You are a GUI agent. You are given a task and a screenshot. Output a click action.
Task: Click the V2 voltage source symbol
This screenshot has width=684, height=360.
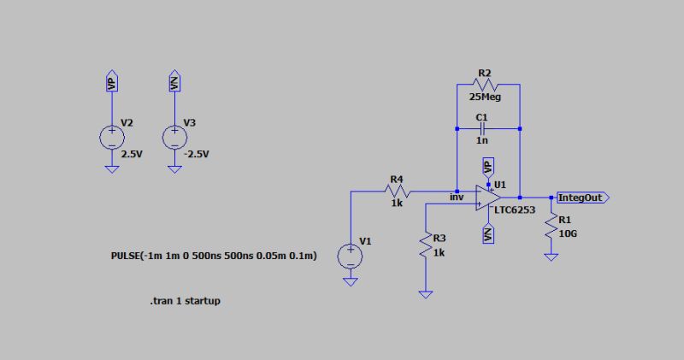pos(111,137)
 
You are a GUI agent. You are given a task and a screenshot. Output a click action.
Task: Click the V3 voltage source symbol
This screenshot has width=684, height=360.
pos(174,137)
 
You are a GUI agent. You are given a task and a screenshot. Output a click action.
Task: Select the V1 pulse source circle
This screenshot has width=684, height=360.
pos(351,256)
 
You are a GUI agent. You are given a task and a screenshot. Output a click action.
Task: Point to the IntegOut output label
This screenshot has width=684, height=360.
pos(581,198)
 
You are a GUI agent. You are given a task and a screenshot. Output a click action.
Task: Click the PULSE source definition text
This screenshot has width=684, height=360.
pos(215,256)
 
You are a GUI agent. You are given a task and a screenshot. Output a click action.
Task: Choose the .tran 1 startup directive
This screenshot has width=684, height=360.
pos(185,301)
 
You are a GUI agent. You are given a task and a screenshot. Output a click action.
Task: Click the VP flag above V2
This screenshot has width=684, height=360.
pos(111,82)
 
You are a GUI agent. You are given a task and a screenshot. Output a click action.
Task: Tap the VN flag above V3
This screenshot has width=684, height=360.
pos(174,82)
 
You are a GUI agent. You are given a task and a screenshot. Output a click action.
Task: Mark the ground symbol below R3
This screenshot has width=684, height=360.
pos(425,293)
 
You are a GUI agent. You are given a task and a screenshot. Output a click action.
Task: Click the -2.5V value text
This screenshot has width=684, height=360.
pos(196,154)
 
